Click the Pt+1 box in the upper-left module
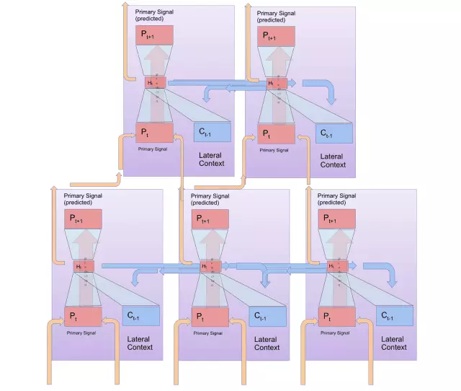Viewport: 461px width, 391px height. (x=154, y=35)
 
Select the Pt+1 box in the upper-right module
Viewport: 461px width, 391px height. (x=277, y=36)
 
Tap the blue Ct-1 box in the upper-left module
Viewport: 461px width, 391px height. (x=212, y=132)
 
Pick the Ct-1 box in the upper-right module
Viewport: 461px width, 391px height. (x=334, y=133)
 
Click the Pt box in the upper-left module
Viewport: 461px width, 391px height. (x=154, y=132)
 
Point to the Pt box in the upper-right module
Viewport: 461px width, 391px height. (x=277, y=133)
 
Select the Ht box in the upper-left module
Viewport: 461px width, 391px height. (x=155, y=84)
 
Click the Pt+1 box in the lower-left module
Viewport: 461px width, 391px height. (x=84, y=219)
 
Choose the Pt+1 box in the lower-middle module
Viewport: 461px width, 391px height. (x=210, y=219)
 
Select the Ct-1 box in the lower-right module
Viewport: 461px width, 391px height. (x=394, y=316)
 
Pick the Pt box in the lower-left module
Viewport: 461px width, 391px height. (x=84, y=316)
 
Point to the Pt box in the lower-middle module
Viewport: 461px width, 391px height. (x=210, y=316)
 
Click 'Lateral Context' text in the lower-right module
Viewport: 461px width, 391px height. (x=393, y=343)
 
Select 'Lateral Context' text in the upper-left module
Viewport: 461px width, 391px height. (x=211, y=159)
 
